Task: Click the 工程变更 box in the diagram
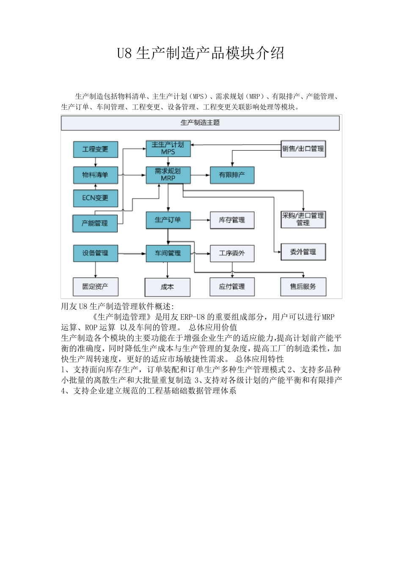95,149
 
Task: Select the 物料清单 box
95,175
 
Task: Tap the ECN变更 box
95,198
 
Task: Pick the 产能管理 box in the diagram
95,223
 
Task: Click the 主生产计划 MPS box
168,148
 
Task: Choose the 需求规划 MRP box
168,175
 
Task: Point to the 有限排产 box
232,175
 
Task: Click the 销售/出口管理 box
303,149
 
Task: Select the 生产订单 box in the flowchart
168,220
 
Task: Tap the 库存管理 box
232,220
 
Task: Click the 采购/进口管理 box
303,219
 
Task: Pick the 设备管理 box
95,253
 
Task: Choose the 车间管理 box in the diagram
168,253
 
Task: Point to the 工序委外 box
232,253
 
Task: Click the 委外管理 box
303,252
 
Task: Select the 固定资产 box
95,287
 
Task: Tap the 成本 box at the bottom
167,287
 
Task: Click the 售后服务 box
303,287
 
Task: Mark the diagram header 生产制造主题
200,123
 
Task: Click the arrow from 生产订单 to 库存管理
200,220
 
